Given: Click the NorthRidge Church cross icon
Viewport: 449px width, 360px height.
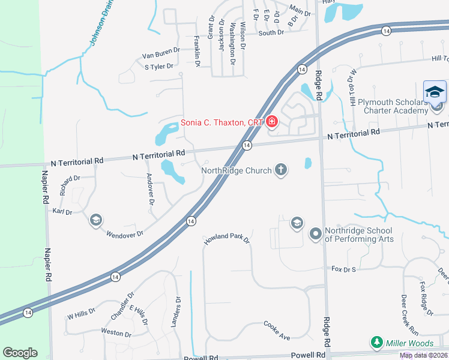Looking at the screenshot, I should tap(280, 170).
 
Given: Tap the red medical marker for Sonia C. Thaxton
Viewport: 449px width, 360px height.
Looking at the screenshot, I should tap(271, 122).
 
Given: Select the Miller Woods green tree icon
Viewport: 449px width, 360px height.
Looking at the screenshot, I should tap(377, 343).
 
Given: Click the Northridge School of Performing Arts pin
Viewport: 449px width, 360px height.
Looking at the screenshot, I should tap(316, 233).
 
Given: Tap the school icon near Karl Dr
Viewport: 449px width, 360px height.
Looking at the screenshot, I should tap(95, 220).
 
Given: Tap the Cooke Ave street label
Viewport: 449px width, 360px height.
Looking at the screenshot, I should tap(277, 331).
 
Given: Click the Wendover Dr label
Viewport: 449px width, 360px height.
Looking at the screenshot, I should tap(125, 233).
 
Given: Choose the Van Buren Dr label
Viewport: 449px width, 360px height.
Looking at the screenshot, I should tap(161, 55).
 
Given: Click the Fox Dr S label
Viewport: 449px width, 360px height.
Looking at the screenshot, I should tap(344, 269).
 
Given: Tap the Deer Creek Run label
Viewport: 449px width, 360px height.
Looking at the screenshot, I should tap(409, 314).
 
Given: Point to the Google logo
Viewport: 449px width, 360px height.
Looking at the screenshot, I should tap(20, 353).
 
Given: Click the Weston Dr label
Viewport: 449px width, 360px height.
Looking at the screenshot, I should tap(116, 332).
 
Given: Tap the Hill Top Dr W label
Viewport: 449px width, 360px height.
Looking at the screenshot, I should tap(353, 88).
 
